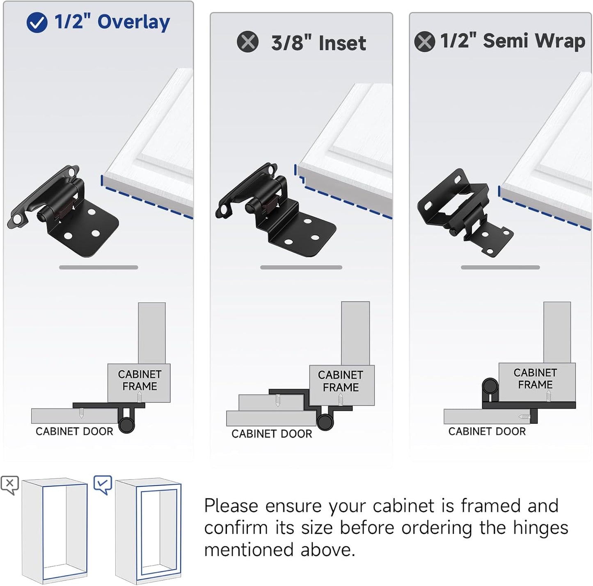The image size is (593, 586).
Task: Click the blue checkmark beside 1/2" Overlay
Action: pos(37,23)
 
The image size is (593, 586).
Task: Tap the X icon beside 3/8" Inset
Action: pos(247,42)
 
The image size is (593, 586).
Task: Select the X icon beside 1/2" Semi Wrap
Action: pos(424,41)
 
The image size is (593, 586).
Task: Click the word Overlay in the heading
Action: pos(133,23)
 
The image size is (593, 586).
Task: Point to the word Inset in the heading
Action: pos(342,43)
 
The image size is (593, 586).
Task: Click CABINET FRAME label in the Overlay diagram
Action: pos(140,380)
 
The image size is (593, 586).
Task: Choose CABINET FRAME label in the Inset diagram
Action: pos(341,381)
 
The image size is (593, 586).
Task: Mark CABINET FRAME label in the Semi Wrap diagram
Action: pos(535,379)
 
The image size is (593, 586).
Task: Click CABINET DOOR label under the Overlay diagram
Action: pos(74,432)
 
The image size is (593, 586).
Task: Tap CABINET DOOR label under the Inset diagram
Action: pos(272,434)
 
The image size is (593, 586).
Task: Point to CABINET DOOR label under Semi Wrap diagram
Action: pos(487,432)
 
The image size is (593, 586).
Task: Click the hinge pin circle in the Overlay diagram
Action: pos(126,425)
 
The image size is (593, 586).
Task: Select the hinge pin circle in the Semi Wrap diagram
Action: pos(490,386)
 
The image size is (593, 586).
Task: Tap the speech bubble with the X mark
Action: pos(10,484)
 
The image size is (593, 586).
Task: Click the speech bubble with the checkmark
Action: pos(103,484)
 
